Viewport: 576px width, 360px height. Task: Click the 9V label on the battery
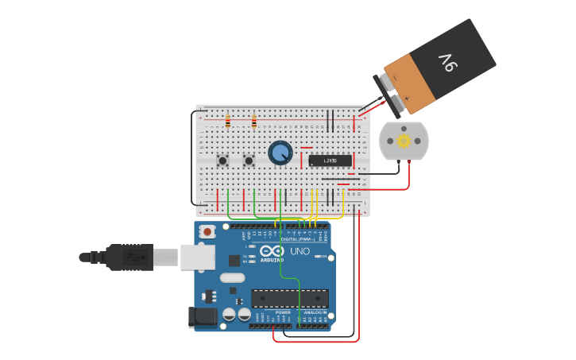(450, 60)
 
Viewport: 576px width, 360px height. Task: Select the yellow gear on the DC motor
(404, 141)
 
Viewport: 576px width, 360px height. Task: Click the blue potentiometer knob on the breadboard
(280, 152)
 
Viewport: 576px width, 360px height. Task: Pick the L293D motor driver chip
(330, 161)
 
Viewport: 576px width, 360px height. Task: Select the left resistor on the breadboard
(228, 122)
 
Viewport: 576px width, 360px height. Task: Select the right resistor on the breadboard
(253, 122)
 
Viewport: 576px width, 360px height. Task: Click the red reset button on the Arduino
(207, 232)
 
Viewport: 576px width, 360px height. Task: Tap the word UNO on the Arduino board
(300, 251)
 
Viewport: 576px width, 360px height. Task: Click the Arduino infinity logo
(271, 251)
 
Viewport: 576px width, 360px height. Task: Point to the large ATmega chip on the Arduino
(290, 298)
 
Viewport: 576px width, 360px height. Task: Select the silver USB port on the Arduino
(198, 257)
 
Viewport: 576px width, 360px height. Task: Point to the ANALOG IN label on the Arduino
(314, 312)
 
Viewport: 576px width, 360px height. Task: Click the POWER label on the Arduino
(283, 312)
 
